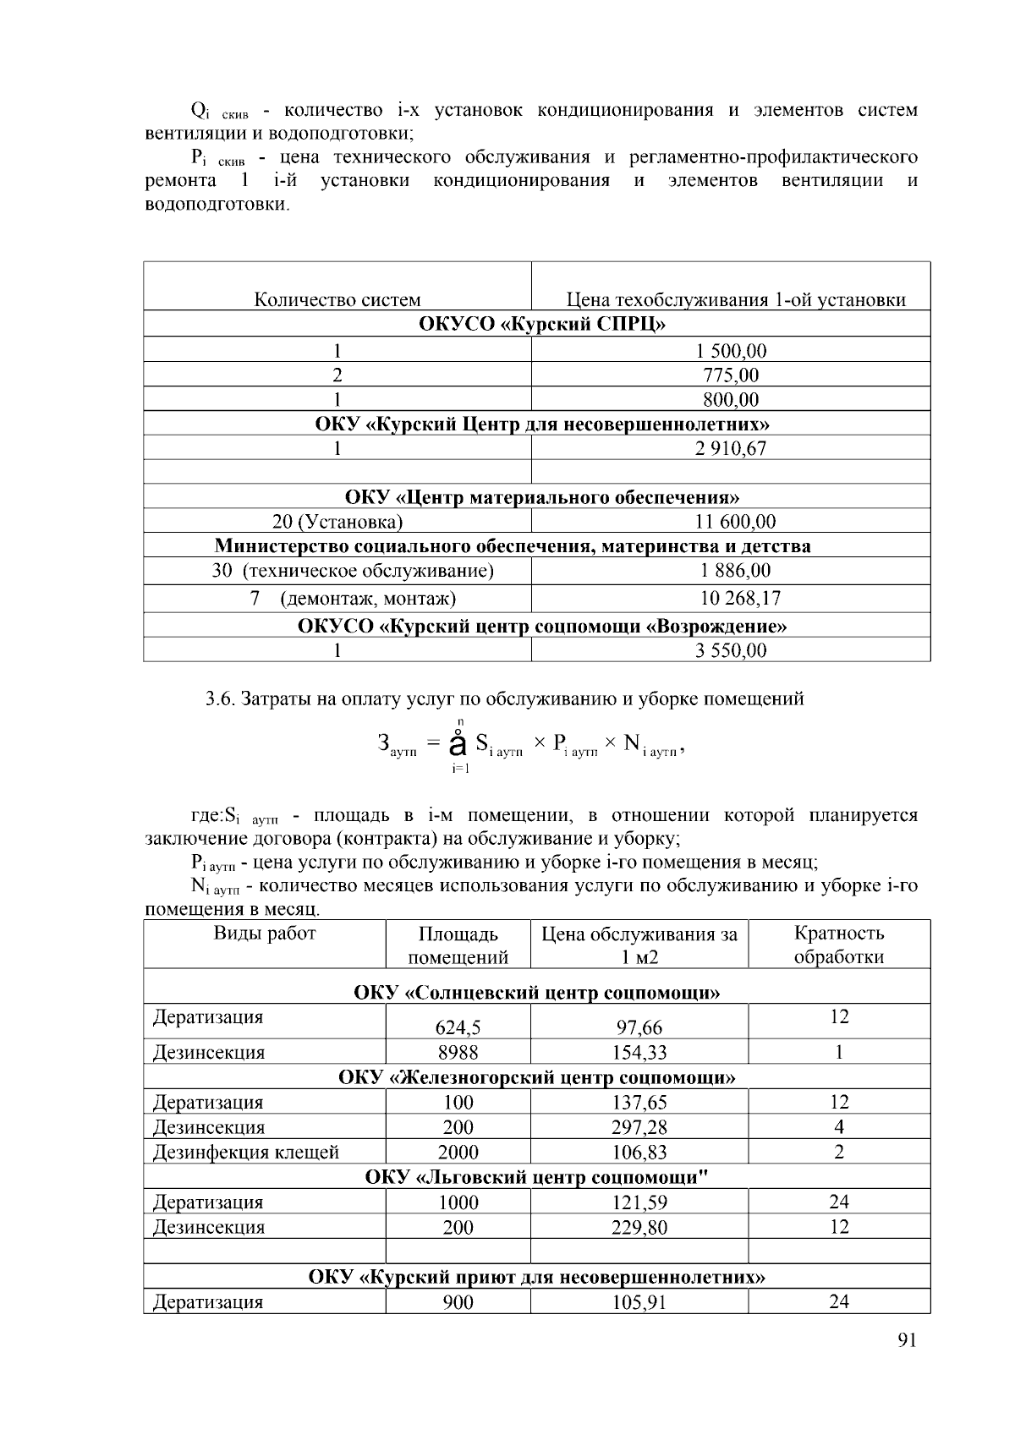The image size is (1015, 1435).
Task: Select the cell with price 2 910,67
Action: click(731, 448)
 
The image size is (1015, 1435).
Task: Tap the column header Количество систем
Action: click(337, 300)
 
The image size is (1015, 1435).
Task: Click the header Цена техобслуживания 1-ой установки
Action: click(735, 300)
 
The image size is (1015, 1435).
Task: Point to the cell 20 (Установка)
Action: click(337, 522)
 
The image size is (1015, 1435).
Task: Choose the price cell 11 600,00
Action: click(734, 522)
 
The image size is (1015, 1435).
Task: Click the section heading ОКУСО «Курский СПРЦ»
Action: click(536, 325)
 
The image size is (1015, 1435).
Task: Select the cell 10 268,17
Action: click(739, 599)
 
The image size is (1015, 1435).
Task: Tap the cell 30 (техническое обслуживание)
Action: click(353, 571)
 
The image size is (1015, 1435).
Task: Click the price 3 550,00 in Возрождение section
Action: click(731, 650)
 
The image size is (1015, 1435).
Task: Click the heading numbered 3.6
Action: click(504, 699)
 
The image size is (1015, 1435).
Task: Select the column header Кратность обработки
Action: click(838, 945)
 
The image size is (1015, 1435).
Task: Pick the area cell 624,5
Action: click(458, 1027)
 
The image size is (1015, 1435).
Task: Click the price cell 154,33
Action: click(639, 1053)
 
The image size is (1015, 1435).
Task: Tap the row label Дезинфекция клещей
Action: click(246, 1152)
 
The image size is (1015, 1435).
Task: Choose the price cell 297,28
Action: click(639, 1127)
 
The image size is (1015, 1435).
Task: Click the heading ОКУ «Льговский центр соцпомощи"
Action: click(536, 1177)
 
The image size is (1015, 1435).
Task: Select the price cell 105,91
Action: click(639, 1302)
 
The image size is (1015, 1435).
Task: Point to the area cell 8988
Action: click(458, 1053)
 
